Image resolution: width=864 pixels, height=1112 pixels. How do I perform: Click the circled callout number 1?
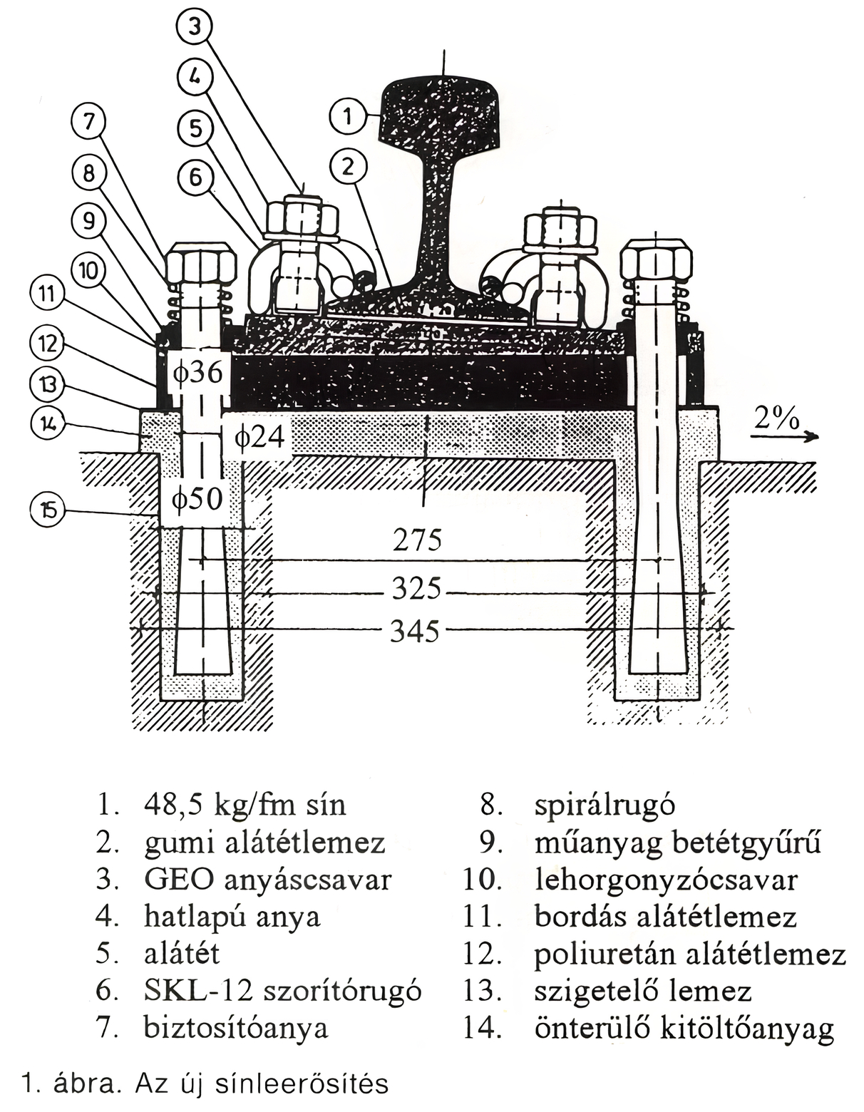[x=348, y=115]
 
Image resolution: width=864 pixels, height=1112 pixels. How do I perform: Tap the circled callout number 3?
[x=195, y=26]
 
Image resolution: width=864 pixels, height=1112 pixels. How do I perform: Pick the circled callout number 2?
[x=348, y=167]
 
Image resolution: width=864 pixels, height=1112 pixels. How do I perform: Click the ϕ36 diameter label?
[x=199, y=372]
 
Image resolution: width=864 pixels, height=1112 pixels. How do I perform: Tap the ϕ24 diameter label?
[x=260, y=436]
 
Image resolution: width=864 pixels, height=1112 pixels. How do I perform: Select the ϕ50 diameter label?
[x=197, y=498]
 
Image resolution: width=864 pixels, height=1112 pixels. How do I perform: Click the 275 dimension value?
[x=418, y=540]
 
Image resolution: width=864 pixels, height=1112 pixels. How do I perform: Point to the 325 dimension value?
[x=416, y=590]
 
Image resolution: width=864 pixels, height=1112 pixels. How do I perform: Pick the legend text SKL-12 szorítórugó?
[x=282, y=990]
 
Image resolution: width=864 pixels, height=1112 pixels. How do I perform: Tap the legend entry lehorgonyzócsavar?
[x=666, y=880]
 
